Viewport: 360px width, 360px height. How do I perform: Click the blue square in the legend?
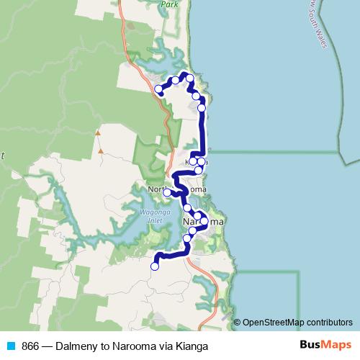click(10, 346)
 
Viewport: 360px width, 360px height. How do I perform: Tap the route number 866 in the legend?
click(30, 346)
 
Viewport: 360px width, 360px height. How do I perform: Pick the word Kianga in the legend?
click(184, 346)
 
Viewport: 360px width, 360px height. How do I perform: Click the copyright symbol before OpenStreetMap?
click(238, 322)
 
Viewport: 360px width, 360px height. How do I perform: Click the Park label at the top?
click(169, 4)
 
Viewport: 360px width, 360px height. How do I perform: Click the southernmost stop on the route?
click(154, 266)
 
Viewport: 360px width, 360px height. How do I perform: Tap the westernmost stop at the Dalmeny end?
click(159, 89)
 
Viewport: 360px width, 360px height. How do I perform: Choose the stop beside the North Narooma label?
click(167, 192)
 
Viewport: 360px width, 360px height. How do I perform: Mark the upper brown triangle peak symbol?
click(97, 132)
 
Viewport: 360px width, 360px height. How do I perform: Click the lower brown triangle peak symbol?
click(102, 150)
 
